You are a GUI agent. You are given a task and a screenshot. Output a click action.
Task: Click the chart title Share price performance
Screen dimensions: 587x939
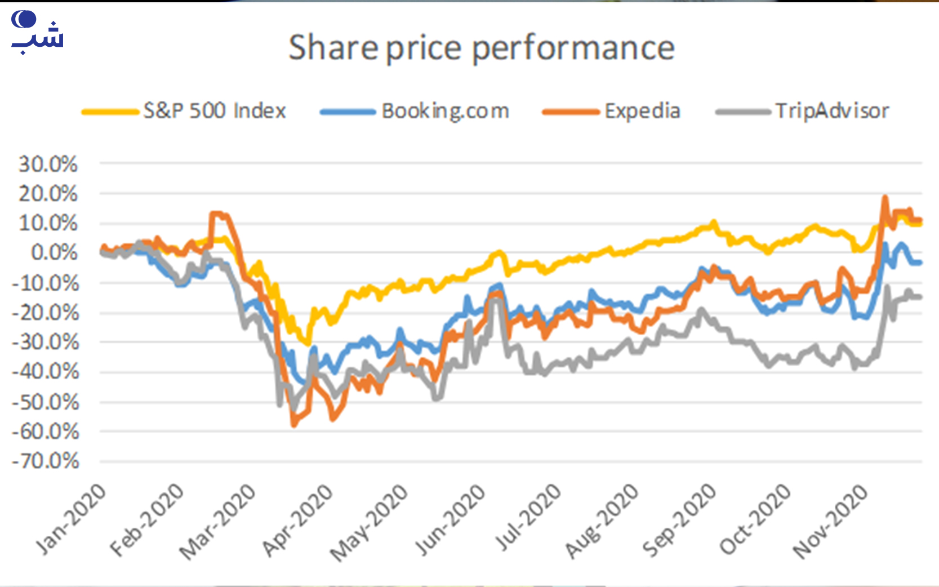click(482, 48)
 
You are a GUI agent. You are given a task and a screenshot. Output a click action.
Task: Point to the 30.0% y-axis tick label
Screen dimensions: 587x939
click(48, 164)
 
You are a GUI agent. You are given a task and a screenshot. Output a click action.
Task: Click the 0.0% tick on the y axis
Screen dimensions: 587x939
click(54, 252)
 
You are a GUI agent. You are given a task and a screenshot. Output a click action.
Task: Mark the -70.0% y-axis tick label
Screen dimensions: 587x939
click(46, 461)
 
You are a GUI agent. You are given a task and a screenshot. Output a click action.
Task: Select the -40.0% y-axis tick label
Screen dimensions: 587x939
click(46, 372)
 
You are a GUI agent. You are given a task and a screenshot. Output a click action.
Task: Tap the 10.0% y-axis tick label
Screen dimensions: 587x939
click(48, 223)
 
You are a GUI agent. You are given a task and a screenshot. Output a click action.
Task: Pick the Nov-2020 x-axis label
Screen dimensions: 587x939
click(831, 521)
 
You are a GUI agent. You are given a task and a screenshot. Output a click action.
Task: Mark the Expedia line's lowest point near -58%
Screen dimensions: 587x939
click(293, 424)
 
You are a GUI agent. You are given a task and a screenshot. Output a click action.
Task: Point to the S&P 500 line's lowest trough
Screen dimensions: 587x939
click(308, 343)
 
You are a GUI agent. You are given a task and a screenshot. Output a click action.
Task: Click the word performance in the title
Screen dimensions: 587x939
click(573, 48)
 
